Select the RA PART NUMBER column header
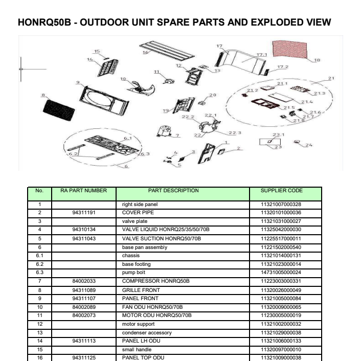(83, 191)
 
